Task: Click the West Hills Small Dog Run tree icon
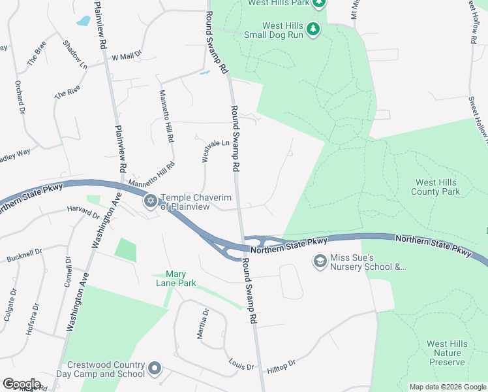(x=313, y=29)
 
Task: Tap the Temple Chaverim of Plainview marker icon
(x=151, y=201)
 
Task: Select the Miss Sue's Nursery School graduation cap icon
(x=320, y=262)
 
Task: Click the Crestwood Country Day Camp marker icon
(x=155, y=369)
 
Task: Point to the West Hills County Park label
(x=435, y=187)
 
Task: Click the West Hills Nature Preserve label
(x=447, y=353)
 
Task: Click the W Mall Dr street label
(x=127, y=57)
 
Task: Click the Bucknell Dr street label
(x=24, y=253)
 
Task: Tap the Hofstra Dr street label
(x=31, y=320)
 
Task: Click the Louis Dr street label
(x=241, y=366)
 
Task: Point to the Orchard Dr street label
(x=20, y=96)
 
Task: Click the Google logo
(x=22, y=384)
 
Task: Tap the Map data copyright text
(x=447, y=387)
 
